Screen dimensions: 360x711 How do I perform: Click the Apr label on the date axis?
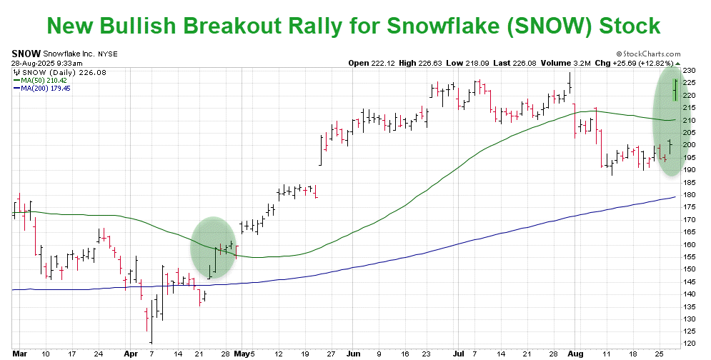130,352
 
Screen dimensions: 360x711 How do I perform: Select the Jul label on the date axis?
456,352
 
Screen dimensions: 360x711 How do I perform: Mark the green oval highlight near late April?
213,247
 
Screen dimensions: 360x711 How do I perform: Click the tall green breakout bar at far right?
676,90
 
